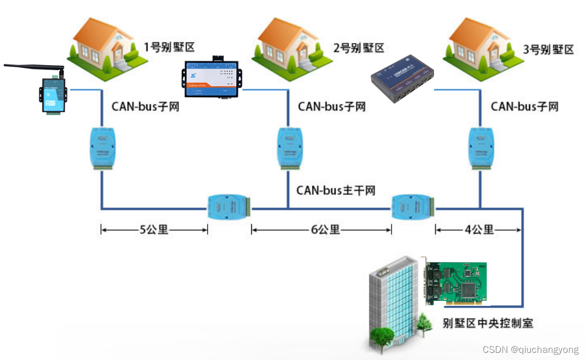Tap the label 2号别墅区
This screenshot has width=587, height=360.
tap(358, 48)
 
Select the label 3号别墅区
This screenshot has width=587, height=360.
tap(548, 49)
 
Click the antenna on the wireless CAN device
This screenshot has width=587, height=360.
tap(33, 67)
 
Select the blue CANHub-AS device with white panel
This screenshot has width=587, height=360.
tap(211, 78)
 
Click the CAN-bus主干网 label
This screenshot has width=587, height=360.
tap(336, 190)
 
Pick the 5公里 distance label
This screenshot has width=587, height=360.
tap(154, 229)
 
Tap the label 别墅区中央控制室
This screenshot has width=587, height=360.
tap(488, 323)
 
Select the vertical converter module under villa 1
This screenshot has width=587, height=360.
tap(102, 147)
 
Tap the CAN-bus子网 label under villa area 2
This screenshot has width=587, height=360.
tap(331, 106)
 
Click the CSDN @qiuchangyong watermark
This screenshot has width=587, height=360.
tap(530, 350)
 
